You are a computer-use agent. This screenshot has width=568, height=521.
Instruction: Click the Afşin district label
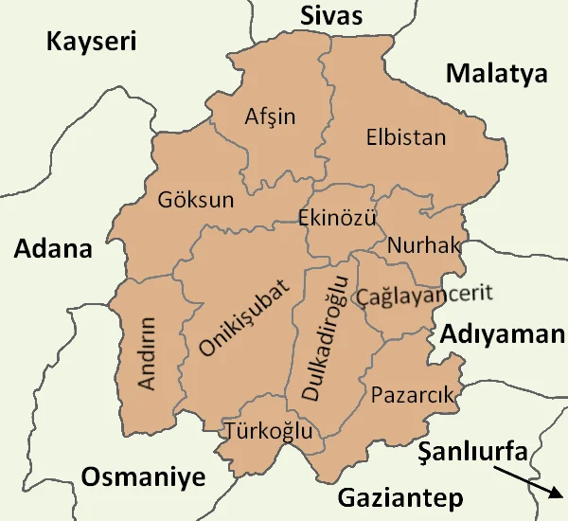click(270, 117)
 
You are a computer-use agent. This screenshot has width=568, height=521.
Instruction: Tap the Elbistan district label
click(405, 137)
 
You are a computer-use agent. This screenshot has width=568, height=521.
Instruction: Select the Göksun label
click(196, 201)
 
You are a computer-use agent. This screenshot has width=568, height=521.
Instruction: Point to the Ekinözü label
click(337, 218)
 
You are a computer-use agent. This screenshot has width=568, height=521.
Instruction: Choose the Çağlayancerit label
click(424, 296)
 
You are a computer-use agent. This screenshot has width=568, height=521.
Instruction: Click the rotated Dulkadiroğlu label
click(325, 338)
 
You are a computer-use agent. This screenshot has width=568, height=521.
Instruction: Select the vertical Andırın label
click(147, 352)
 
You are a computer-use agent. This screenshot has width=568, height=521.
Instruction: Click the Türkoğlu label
click(269, 431)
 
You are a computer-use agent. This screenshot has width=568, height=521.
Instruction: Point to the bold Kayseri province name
click(92, 42)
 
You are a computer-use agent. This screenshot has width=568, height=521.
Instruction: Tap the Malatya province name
click(497, 74)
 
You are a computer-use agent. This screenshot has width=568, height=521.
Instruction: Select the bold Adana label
click(53, 249)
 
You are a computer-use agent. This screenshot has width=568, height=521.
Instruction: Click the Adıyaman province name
click(501, 333)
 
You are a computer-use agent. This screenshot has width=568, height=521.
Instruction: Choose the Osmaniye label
click(143, 476)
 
